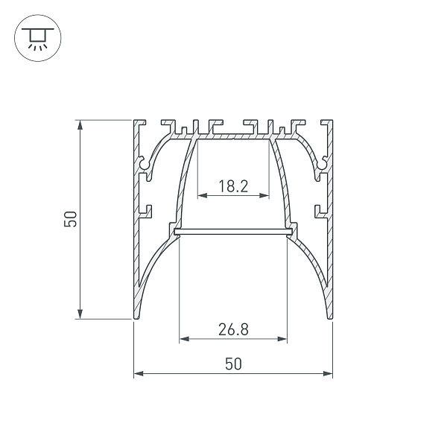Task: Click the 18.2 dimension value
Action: [x=233, y=186]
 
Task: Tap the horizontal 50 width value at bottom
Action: [x=233, y=364]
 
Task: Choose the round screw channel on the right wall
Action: [x=323, y=162]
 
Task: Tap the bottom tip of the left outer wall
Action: [x=136, y=317]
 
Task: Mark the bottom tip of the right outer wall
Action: [x=331, y=317]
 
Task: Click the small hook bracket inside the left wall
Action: [x=146, y=212]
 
